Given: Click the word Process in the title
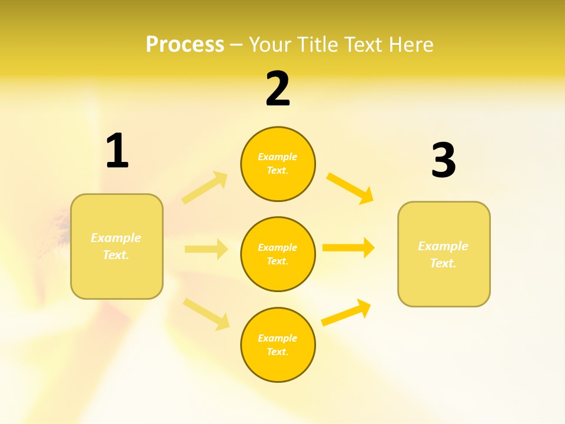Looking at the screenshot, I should pos(185,45).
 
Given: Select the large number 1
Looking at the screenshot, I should pos(117,151).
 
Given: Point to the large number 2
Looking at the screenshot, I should pos(278,89).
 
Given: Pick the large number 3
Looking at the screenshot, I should pos(443,161).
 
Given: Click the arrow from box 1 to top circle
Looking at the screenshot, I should pos(204,188).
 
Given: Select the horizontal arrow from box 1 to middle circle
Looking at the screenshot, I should pos(205,249).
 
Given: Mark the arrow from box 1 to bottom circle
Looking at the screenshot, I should pos(206,313).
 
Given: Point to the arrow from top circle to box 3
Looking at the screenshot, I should pos(350,188).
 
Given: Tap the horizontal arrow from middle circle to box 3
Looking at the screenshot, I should pos(348,247).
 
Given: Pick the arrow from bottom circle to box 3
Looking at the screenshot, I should pos(347,313).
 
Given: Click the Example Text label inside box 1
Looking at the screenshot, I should pos(117,246).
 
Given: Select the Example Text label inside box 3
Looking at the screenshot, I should pos(443,254).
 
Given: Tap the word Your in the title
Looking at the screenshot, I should pos(270,45).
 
